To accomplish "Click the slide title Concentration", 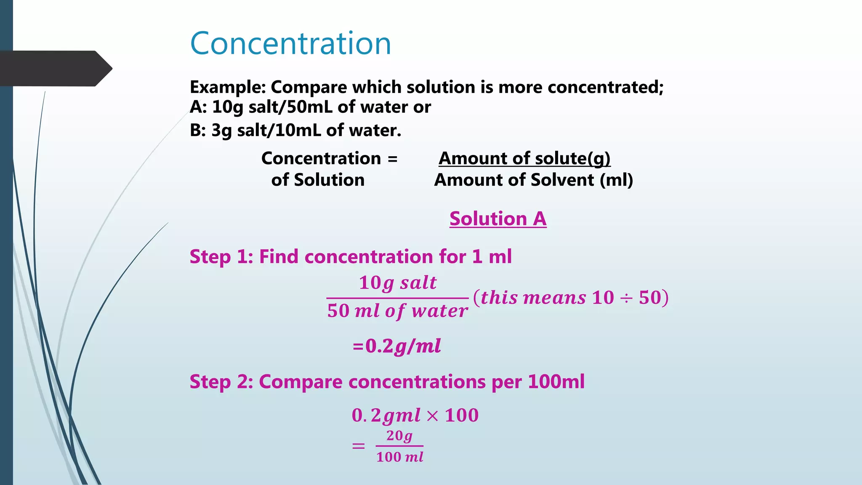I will point(290,43).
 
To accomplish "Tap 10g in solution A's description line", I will point(228,107).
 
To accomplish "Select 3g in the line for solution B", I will point(221,131).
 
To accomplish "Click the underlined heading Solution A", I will point(498,219).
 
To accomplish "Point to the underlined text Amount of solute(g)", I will point(524,158).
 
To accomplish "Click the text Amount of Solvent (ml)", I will point(533,180).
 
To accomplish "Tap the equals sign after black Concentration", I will point(392,159).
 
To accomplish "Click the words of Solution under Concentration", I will point(318,180).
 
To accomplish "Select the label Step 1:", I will point(221,257).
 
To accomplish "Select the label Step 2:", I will point(221,382).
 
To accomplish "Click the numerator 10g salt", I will point(398,283).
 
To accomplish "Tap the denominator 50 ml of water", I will point(397,311).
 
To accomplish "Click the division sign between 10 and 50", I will point(626,298).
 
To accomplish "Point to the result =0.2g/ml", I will point(397,346).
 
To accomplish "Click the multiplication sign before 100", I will point(432,416).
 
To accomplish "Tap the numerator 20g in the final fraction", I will point(399,436).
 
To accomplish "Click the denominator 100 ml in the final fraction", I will point(399,457).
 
